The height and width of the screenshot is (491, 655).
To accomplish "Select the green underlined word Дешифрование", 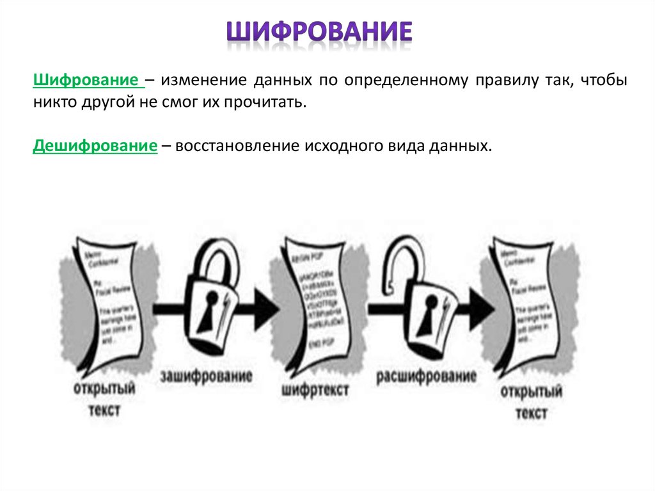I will click(95, 146).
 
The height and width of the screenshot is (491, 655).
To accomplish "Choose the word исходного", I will click(348, 146).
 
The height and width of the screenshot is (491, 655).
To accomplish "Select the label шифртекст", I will click(314, 389).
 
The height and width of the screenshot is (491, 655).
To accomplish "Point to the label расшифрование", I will click(426, 376).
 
